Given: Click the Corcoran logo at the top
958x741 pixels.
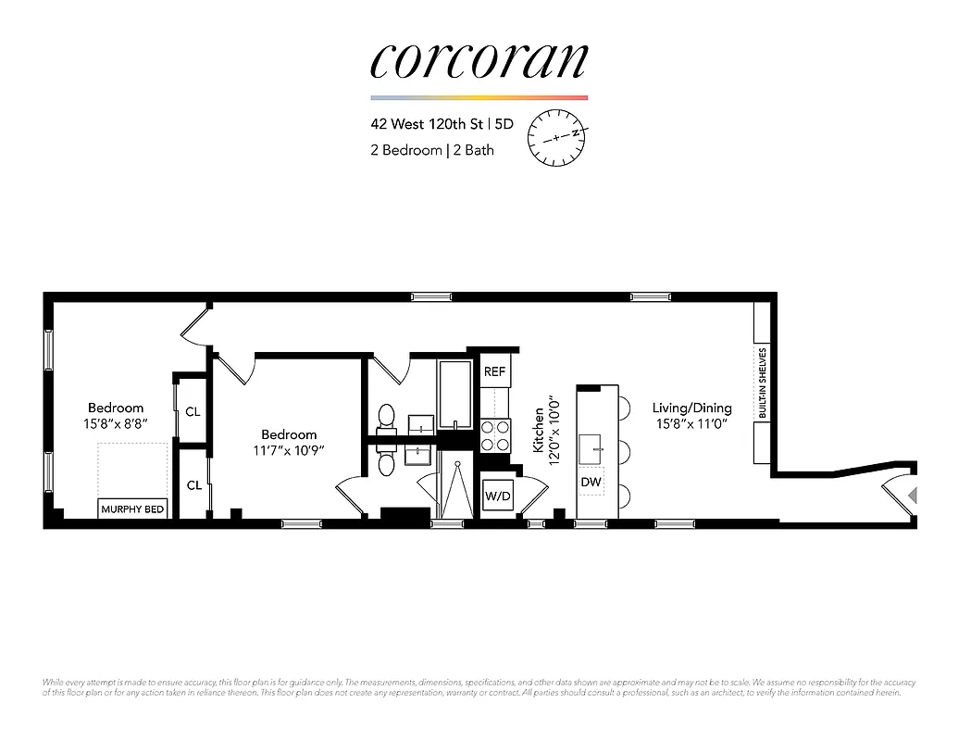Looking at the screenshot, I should tap(479, 60).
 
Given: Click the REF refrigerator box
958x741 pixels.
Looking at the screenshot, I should tap(494, 371).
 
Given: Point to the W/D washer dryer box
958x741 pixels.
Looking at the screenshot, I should tap(496, 496).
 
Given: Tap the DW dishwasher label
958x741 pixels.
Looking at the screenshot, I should tap(591, 482).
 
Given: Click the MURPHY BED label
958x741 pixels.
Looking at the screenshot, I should tap(132, 509).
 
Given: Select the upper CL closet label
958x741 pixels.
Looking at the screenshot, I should tap(193, 411).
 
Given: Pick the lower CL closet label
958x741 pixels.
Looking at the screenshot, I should tap(193, 484).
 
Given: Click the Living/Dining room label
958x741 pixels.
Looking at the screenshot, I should tap(691, 408).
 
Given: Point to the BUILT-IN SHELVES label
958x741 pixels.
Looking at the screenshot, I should tap(762, 383).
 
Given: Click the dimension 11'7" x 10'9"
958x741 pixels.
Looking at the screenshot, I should tap(289, 450).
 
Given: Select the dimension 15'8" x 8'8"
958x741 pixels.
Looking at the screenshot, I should tap(116, 423).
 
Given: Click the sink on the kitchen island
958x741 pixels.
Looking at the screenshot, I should tap(591, 449).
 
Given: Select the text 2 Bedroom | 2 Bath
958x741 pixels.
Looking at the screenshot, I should tap(431, 149).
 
